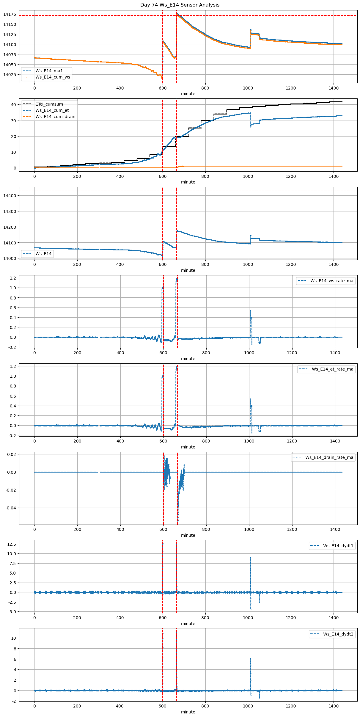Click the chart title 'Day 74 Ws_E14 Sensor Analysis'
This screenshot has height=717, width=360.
tap(180, 5)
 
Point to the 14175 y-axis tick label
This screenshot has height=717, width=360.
tap(10, 14)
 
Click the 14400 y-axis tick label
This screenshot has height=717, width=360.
tap(10, 196)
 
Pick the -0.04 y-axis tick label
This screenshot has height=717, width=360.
tap(11, 508)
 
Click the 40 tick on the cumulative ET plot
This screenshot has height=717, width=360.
tap(13, 105)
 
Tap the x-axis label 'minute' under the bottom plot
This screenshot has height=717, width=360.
tap(188, 712)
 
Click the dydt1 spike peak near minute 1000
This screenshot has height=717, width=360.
tap(251, 558)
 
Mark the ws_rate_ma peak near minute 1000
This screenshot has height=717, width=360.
tap(250, 310)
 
